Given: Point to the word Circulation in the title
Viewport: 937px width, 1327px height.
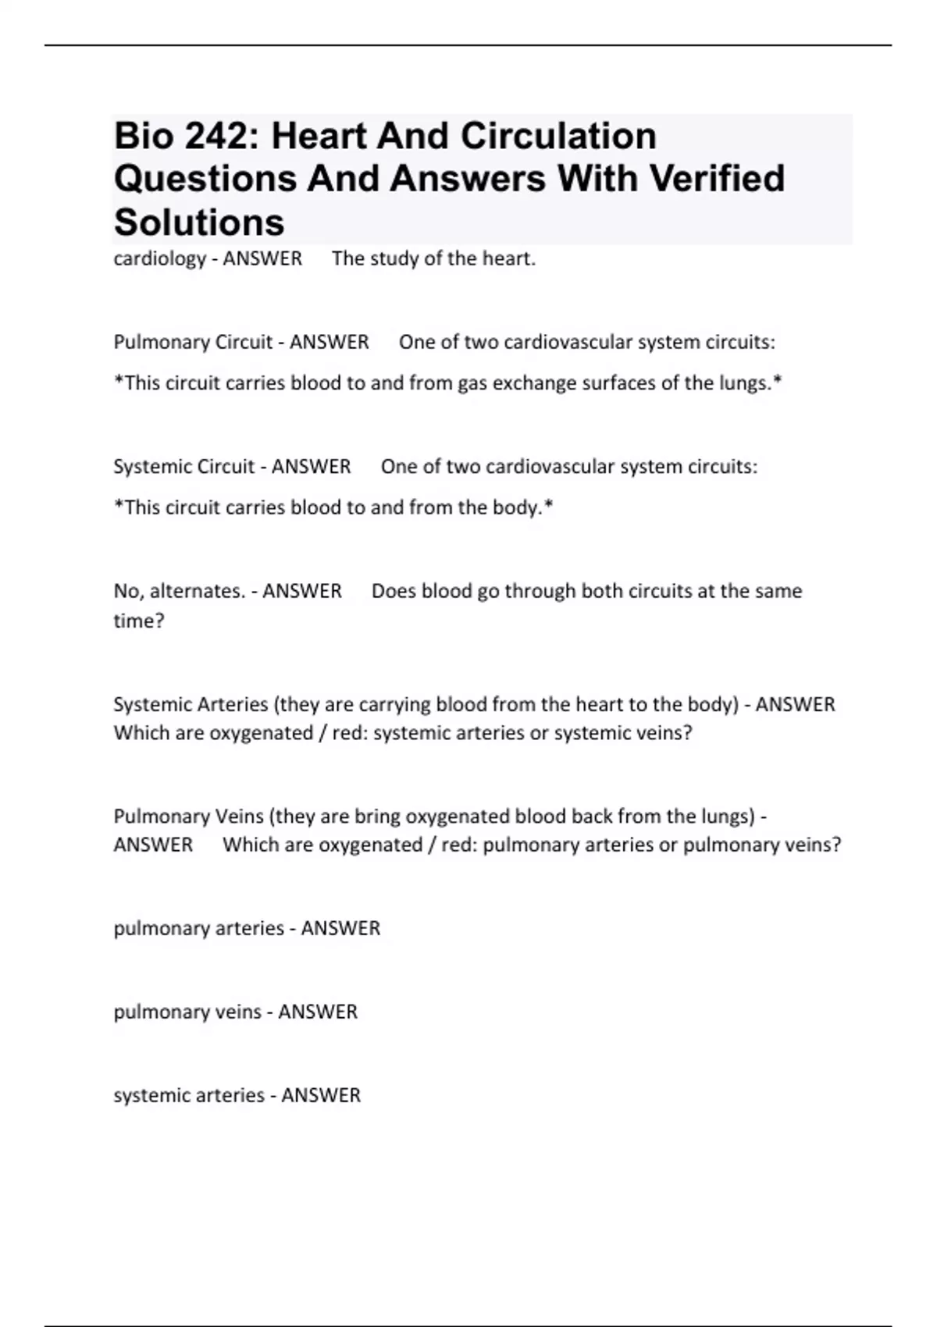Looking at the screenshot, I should [x=558, y=136].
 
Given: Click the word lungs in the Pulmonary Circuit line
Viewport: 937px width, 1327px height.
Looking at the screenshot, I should [x=750, y=383].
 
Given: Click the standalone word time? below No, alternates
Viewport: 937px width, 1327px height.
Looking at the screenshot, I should [x=139, y=621].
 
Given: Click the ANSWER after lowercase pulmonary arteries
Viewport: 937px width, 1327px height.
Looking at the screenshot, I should [x=340, y=928].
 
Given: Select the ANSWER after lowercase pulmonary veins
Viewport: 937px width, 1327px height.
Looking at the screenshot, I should [x=318, y=1012].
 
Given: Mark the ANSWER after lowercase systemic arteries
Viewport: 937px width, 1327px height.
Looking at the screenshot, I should [x=321, y=1095].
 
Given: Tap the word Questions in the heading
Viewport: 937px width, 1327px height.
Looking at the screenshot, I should [x=205, y=178].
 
